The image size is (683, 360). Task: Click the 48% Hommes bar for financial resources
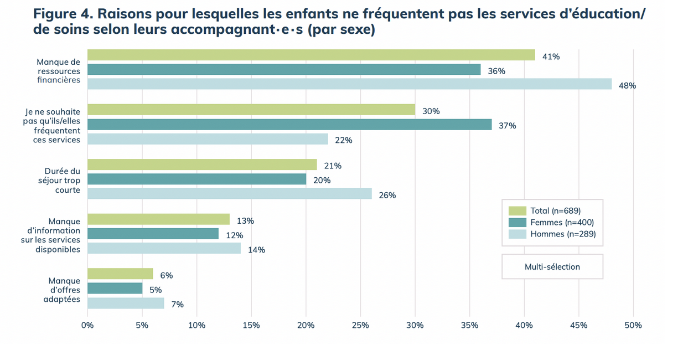349,84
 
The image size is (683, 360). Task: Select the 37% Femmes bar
289,125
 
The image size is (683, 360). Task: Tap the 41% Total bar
311,55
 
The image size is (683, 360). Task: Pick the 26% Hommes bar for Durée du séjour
230,193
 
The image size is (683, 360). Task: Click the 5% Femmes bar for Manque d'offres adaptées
115,289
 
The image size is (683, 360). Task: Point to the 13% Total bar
158,219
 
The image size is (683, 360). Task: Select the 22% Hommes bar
208,139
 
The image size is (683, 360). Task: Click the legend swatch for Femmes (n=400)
517,222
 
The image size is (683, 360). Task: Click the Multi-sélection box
552,266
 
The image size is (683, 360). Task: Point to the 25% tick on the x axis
360,325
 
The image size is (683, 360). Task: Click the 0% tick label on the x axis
87,325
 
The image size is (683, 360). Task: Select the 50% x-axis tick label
633,325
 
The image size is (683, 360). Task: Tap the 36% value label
496,71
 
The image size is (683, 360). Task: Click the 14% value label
256,250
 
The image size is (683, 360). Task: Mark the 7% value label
177,304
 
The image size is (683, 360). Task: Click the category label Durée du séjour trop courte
62,181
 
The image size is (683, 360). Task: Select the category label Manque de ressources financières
58,71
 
